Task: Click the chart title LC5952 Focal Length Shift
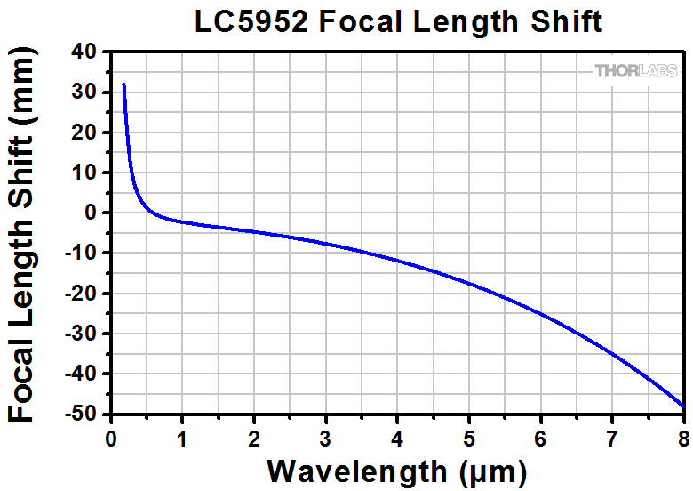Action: (398, 21)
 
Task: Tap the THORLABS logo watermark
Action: (636, 70)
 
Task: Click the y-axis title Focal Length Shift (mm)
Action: (25, 233)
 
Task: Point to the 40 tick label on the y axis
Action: (87, 51)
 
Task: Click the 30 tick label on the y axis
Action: (87, 92)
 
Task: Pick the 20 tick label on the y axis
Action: (87, 132)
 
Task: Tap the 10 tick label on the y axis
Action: (87, 173)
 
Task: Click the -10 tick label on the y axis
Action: (84, 254)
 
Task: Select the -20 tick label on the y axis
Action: (84, 294)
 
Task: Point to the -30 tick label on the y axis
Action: (84, 334)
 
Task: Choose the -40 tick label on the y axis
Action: (84, 374)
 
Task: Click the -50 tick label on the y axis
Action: (84, 415)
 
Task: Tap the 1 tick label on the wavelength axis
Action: (182, 437)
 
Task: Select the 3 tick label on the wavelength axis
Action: (326, 437)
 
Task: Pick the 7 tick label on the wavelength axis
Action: (612, 437)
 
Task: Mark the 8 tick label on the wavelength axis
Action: (683, 437)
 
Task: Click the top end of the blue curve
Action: (123, 85)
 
